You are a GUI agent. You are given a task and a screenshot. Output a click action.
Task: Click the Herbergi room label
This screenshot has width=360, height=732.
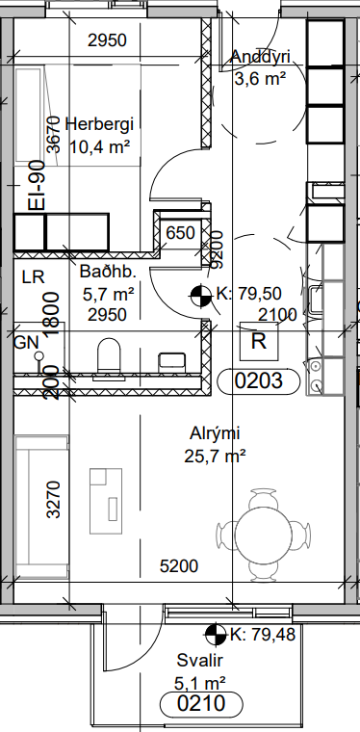pos(99,124)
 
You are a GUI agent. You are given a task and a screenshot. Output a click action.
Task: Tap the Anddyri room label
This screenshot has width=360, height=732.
pos(261,57)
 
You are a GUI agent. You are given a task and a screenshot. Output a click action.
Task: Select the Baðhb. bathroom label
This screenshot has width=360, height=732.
pos(108,272)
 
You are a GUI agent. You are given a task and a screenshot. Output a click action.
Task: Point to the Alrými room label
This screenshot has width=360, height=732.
pos(215,434)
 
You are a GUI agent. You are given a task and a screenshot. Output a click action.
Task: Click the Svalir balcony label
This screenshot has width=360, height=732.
pos(199,661)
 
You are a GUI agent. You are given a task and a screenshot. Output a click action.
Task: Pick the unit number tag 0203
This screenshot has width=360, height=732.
pos(258,381)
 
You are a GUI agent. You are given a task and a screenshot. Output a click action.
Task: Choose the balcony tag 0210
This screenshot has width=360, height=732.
pos(201,703)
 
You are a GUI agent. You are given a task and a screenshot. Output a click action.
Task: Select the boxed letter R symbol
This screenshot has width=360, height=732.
pos(259,341)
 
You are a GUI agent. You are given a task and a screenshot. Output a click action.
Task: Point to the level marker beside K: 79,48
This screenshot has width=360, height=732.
pos(216,634)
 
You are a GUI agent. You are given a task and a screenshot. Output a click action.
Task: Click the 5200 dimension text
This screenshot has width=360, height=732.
pos(179,566)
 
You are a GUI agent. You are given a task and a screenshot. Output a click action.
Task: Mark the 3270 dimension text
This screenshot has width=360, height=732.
pos(54,500)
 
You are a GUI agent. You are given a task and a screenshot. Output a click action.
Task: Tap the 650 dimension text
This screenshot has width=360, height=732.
pos(180,232)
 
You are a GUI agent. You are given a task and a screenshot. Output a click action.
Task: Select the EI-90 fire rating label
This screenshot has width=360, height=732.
pos(37,185)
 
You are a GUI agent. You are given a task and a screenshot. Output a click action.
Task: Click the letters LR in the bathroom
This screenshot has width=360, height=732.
pos(34,277)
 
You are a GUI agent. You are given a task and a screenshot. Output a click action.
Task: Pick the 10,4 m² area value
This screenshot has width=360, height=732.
pos(99,147)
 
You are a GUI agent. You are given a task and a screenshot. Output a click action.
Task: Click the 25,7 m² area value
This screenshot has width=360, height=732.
pos(215,456)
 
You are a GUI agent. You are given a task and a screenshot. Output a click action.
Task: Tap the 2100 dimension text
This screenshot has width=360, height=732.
pos(277,315)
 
